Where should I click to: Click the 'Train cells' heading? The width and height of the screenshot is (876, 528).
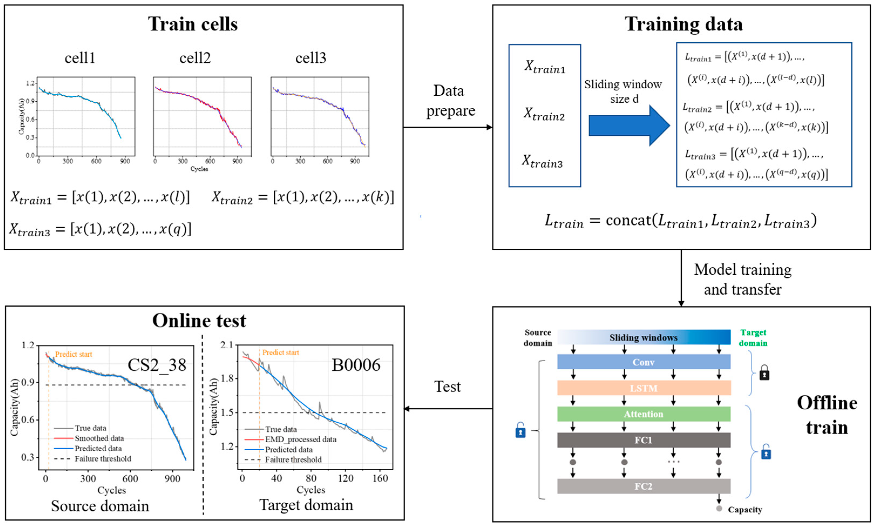click(x=193, y=24)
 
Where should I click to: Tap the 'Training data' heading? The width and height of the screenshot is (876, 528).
click(x=683, y=24)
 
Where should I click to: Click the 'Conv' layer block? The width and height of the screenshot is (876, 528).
click(x=643, y=362)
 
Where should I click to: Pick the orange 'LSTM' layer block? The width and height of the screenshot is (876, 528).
click(x=643, y=388)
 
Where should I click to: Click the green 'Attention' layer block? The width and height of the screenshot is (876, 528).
click(x=643, y=414)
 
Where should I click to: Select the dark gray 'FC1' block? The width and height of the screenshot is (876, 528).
click(x=643, y=440)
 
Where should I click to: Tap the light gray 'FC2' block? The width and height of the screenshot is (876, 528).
click(x=643, y=486)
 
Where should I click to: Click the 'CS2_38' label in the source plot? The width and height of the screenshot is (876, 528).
click(x=157, y=365)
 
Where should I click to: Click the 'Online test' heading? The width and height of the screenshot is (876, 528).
click(x=199, y=321)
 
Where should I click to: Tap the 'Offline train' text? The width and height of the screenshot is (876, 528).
click(x=827, y=415)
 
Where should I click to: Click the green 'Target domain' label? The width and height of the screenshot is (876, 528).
click(x=753, y=338)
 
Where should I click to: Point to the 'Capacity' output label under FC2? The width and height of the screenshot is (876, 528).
click(x=745, y=510)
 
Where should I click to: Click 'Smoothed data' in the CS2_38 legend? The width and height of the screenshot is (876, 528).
click(x=99, y=438)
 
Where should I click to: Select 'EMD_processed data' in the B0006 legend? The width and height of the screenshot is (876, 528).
click(x=300, y=439)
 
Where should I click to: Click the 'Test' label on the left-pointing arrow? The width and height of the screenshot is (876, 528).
click(x=447, y=387)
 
